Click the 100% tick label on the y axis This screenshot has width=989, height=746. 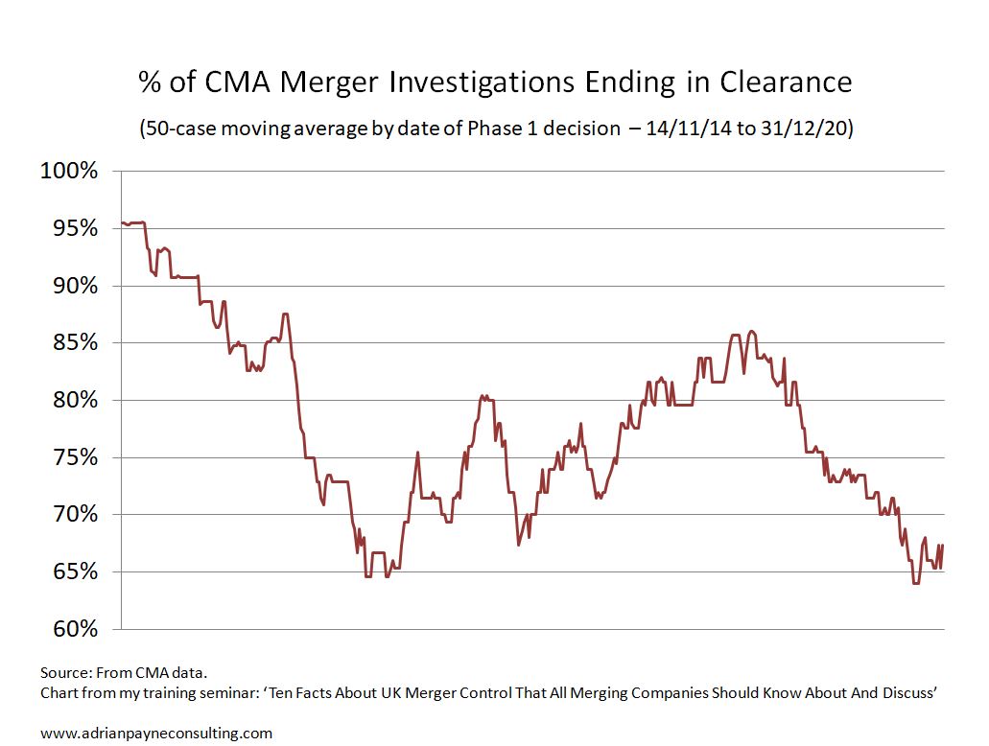69,172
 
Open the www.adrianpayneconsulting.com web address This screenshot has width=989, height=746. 156,734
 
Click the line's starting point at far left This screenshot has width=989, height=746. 122,223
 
